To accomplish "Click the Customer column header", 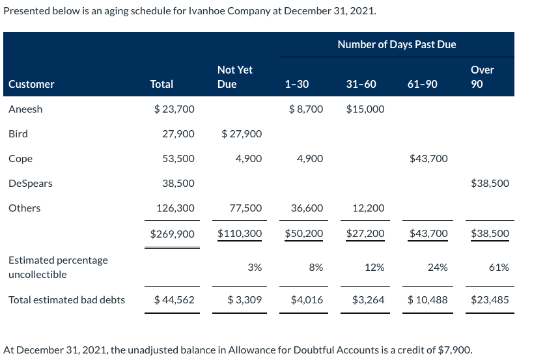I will pos(31,84).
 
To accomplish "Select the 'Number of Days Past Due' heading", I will pos(397,44).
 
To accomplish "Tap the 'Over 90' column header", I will pos(482,77).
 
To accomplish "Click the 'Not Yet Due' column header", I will pos(234,77).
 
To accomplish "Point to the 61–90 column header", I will pos(422,84).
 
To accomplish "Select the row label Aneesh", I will pos(25,109).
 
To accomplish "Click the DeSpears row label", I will pos(31,183).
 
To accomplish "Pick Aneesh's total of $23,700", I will pos(174,109).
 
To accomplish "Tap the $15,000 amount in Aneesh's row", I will pos(365,109).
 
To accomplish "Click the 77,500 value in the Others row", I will pos(246,208).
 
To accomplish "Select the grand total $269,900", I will pos(172,233).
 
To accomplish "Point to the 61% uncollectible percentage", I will pos(499,267).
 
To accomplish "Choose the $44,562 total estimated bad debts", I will pos(174,300).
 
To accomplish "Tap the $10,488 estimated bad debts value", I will pos(427,300).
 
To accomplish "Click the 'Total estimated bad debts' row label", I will pos(67,300).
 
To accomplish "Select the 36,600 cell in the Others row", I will pos(307,208).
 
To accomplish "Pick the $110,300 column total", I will pos(239,233).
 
